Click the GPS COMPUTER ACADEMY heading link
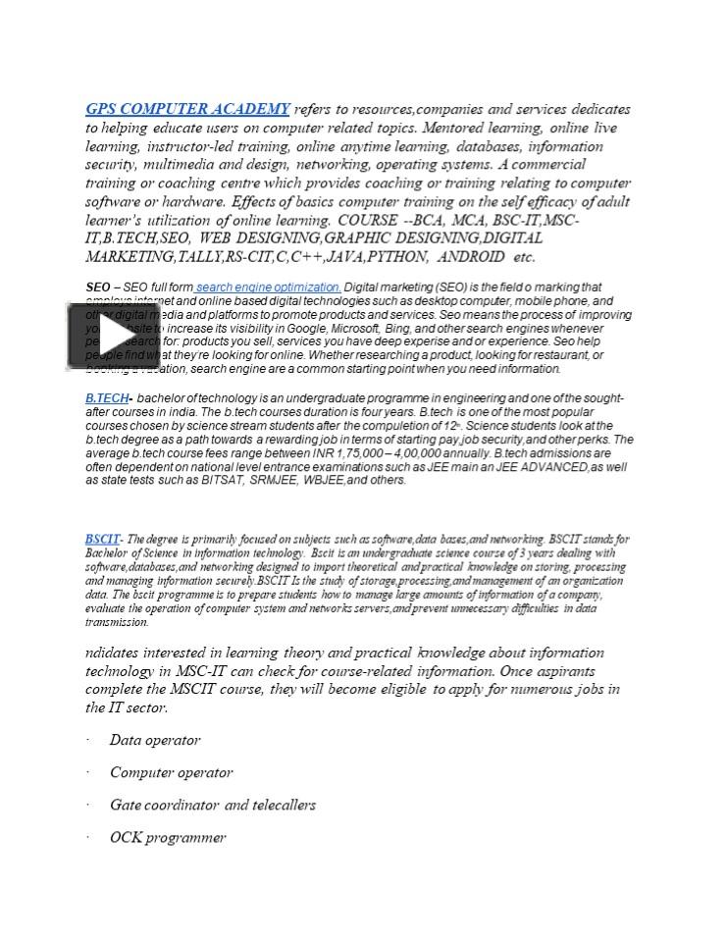tap(187, 109)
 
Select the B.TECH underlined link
tap(106, 398)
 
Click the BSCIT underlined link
tap(102, 539)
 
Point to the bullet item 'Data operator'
tap(155, 740)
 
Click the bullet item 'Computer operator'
tap(171, 772)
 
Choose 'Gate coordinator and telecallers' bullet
tap(212, 805)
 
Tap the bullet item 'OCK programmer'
tap(168, 837)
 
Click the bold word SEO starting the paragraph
tap(97, 288)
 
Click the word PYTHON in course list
tap(396, 257)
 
